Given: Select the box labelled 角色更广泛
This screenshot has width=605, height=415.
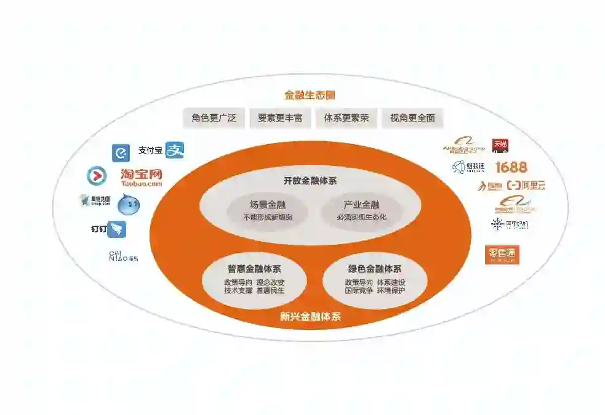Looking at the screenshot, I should pos(214,118).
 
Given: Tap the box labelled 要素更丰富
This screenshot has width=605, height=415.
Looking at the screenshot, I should pos(280,118).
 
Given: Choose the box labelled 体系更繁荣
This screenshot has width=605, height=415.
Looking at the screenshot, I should pos(347,118).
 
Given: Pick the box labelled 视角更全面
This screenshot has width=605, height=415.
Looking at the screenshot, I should pos(412,118).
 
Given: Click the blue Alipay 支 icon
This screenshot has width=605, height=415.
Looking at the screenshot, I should pos(175,150).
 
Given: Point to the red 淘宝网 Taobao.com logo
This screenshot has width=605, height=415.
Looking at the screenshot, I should pos(142,177).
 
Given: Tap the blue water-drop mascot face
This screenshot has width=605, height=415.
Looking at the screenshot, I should pos(129,204).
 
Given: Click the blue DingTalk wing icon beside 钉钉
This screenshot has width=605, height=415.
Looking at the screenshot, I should pos(117,229).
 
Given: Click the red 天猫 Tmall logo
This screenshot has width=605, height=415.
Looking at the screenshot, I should pos(500,146).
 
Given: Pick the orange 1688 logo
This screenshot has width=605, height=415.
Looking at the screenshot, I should pos(511,167).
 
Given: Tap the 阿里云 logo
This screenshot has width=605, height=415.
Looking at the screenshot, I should pos(526,185).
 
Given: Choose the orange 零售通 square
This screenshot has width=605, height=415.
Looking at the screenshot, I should pos(502,255).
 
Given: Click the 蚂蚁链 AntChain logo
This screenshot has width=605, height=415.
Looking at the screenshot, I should pos(469,167).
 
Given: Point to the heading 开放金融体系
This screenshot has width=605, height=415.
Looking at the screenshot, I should pos(310,181).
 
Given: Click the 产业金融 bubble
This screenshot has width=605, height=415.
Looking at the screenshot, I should pos(361,210).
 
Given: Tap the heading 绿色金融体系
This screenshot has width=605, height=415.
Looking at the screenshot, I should pos(375,269).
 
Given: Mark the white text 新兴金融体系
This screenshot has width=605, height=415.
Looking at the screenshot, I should pos(310,317).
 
